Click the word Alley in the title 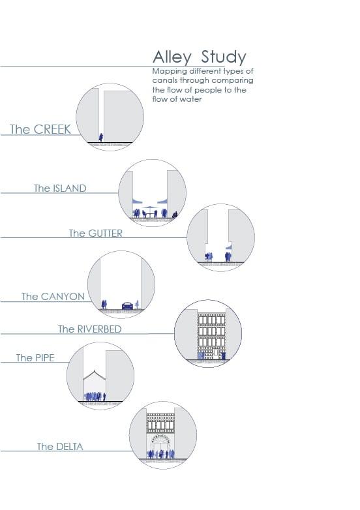tap(172, 57)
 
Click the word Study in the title tap(224, 57)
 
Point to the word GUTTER tap(106, 233)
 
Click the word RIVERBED tap(99, 329)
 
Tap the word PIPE tap(44, 357)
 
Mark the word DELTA tap(69, 446)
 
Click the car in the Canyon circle tap(127, 306)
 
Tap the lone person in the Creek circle tap(101, 137)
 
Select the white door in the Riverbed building tap(216, 353)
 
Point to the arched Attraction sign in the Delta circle tap(161, 438)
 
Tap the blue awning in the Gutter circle tap(229, 247)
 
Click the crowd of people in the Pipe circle tap(95, 397)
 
